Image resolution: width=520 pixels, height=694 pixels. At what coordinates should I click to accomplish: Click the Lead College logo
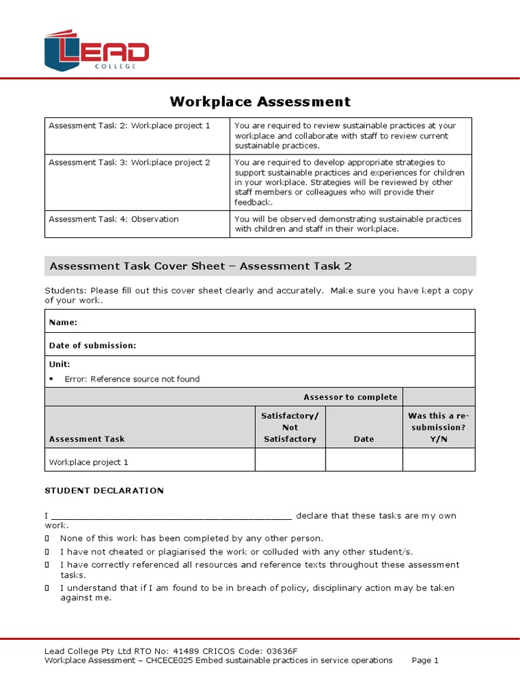point(96,50)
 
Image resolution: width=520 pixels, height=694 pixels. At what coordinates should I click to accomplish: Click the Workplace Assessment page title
point(260,102)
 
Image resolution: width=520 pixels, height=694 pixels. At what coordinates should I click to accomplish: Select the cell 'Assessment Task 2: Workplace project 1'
point(129,126)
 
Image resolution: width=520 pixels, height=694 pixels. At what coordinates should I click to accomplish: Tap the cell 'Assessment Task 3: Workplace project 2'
point(129,163)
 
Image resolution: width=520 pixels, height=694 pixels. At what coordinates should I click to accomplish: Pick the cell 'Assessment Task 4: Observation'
point(114,220)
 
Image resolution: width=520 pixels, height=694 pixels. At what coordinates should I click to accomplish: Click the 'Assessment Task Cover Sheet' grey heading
point(200,266)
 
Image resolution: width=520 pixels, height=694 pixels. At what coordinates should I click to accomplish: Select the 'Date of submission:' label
point(93,346)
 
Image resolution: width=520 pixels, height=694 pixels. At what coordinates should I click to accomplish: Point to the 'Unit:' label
point(60,365)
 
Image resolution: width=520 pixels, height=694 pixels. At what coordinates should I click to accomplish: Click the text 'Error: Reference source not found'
point(132,380)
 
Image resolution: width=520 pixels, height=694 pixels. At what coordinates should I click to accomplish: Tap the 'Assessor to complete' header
point(350,397)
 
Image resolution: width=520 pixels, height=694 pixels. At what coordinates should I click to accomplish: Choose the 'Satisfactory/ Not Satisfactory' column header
point(290,427)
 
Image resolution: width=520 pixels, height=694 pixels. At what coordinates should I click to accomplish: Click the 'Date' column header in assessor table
point(364,439)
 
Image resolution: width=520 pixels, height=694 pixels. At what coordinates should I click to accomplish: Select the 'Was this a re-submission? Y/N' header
point(438,427)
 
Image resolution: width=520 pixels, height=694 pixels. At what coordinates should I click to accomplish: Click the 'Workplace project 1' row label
point(89,462)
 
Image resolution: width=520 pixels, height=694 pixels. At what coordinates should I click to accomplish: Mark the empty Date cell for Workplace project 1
point(364,460)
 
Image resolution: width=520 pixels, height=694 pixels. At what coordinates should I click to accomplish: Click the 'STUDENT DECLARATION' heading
point(104,491)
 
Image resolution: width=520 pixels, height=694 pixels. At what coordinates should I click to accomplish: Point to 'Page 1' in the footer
point(425,660)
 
